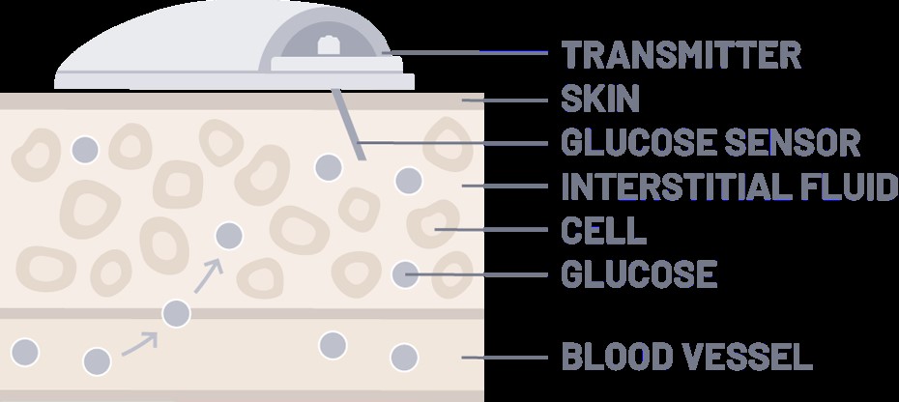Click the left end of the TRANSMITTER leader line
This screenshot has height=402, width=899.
click(x=383, y=53)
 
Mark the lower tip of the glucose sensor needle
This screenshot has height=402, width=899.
click(x=362, y=159)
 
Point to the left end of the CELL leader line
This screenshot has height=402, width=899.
click(x=435, y=229)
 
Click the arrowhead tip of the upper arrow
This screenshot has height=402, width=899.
click(x=220, y=260)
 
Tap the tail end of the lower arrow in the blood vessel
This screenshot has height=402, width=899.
click(x=123, y=355)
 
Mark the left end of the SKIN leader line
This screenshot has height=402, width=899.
click(x=463, y=100)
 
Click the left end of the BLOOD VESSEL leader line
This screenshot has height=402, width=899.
click(x=463, y=358)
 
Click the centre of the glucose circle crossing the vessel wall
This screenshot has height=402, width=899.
click(x=176, y=314)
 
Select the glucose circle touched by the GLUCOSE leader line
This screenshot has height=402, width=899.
click(x=405, y=274)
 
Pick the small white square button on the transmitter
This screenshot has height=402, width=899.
click(x=326, y=45)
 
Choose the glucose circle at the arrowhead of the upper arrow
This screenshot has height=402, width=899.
click(x=229, y=236)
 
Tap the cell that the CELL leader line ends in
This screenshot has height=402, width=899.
click(x=433, y=223)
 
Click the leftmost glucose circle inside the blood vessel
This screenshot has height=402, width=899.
click(x=25, y=352)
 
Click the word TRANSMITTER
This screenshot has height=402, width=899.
click(x=681, y=54)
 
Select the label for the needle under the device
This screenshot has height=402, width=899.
click(x=710, y=142)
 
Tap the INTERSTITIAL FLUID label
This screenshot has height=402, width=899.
click(x=729, y=187)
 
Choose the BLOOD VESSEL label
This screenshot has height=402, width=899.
click(x=687, y=357)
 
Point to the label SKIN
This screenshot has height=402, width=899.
click(x=599, y=99)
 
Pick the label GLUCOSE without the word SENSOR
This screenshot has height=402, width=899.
click(x=639, y=274)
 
